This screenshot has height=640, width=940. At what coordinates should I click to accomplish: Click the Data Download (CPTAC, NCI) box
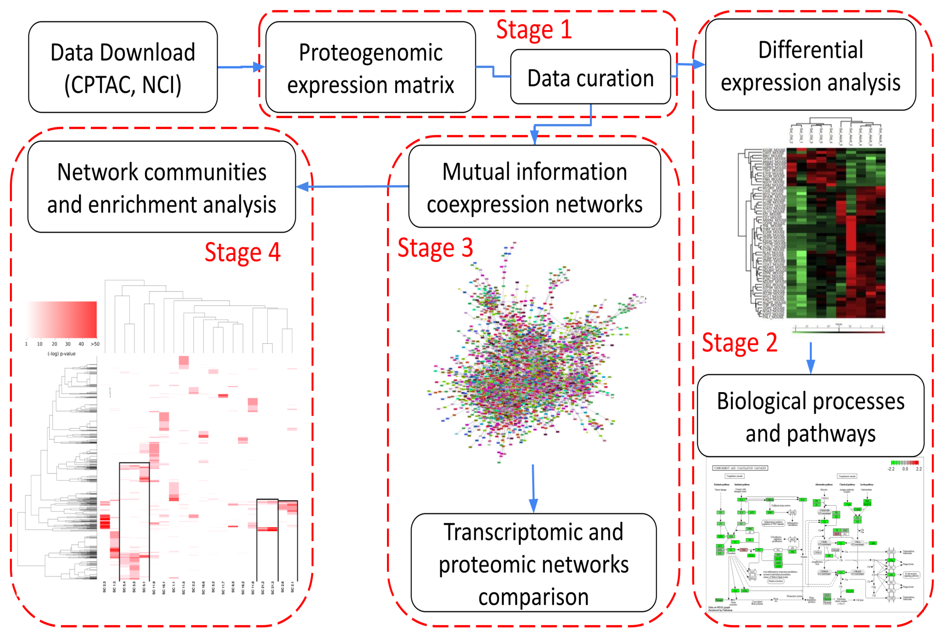(x=123, y=67)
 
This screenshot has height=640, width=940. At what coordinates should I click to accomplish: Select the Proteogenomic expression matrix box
(x=370, y=67)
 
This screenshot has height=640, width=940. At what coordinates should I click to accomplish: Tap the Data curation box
(x=590, y=77)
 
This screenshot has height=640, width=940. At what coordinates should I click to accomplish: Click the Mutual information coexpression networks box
(x=534, y=187)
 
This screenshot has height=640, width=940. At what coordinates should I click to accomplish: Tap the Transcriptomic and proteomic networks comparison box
(x=533, y=563)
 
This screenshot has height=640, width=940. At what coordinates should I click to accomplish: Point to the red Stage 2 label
(x=739, y=343)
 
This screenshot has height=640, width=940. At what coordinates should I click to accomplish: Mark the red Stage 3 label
(x=435, y=248)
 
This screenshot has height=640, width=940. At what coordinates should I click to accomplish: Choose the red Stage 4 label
(x=242, y=252)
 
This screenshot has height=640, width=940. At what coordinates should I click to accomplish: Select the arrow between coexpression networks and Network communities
(x=352, y=186)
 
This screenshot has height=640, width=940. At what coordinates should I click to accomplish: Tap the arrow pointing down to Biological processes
(x=811, y=358)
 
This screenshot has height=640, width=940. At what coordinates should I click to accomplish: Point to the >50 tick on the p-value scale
(x=95, y=344)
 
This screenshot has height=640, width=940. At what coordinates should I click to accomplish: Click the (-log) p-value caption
(x=61, y=354)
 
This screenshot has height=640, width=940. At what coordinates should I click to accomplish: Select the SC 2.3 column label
(x=104, y=587)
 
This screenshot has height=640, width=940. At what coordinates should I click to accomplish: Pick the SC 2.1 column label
(x=292, y=587)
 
